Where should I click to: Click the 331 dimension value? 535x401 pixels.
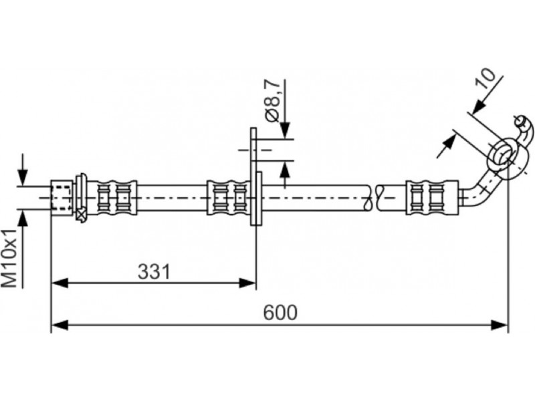tap(154, 272)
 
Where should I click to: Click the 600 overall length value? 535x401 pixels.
tap(280, 312)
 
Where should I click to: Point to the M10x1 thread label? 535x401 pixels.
tap(9, 259)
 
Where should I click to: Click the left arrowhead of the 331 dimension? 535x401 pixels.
tap(60, 283)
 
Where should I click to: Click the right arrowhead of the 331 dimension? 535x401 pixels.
tap(247, 283)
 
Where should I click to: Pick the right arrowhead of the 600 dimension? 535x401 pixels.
tap(500, 325)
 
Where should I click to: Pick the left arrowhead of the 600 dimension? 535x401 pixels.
tap(60, 325)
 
